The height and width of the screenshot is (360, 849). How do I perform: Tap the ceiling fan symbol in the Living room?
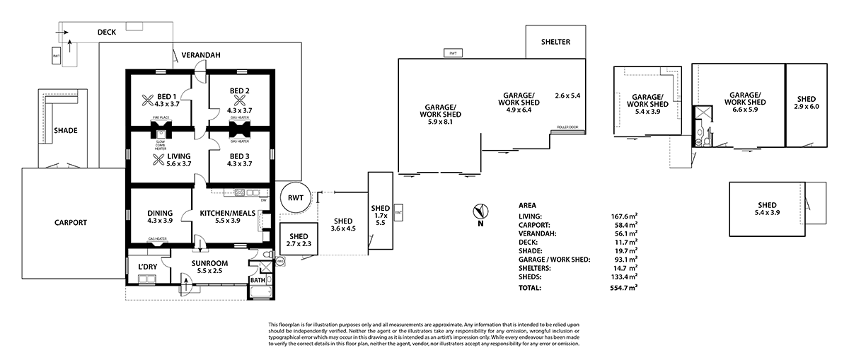pos(149,158)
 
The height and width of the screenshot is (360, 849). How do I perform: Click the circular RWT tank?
pos(295,199)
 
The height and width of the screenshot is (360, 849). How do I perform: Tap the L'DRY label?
pos(146,266)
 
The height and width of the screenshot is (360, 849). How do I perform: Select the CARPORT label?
pos(70,222)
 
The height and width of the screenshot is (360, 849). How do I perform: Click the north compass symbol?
pos(480,211)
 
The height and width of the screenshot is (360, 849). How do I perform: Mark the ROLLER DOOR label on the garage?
pos(567,129)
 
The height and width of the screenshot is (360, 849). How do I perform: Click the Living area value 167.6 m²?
pos(624,216)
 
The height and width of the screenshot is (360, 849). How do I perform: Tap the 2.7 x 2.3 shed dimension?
pos(298,244)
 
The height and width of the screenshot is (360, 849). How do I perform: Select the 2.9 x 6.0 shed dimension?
pos(806,107)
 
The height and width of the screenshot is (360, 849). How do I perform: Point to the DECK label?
pos(107,32)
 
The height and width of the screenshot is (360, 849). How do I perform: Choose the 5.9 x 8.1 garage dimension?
pos(440,122)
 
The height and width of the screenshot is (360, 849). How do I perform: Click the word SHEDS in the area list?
pos(531,277)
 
